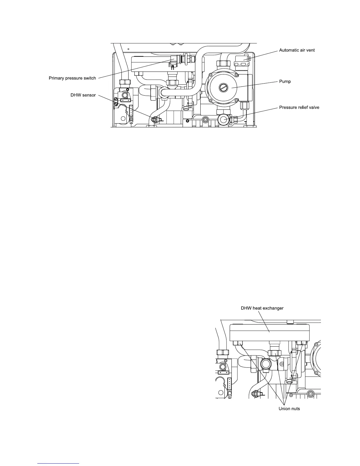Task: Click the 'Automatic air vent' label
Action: coord(297,50)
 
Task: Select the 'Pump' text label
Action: coord(285,81)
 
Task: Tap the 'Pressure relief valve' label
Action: coord(299,108)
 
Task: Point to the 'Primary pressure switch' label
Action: coord(72,78)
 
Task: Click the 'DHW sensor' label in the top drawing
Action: coord(83,95)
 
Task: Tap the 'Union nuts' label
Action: coord(289,409)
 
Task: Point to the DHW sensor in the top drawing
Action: coord(154,119)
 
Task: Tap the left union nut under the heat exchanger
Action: coord(238,343)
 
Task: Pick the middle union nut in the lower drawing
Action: coord(275,352)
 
